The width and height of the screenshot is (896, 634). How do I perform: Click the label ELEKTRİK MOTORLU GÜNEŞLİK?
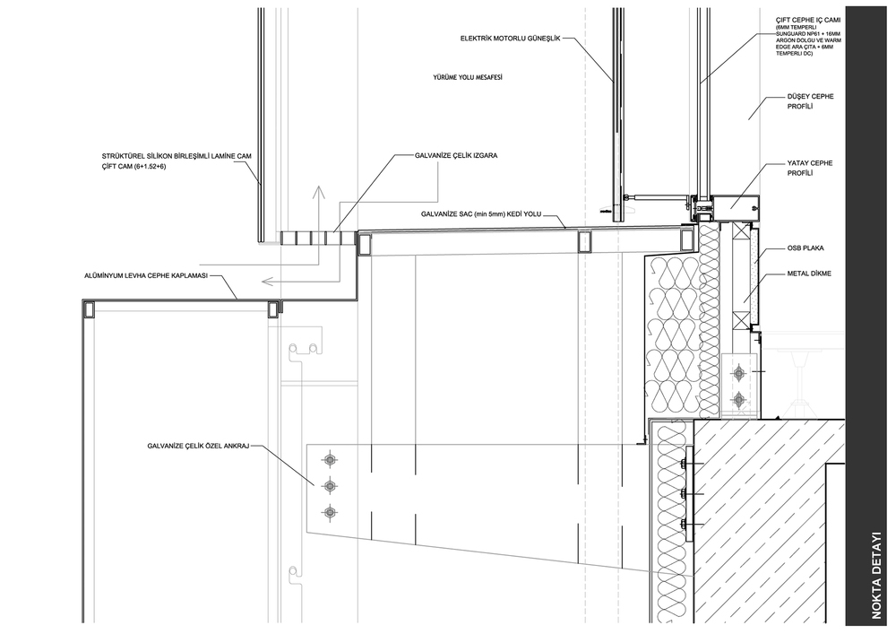511,39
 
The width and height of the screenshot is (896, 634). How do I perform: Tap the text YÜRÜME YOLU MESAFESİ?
468,77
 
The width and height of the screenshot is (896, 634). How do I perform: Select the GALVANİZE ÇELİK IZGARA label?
456,155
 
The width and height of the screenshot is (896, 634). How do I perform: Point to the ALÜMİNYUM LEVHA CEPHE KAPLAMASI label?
145,276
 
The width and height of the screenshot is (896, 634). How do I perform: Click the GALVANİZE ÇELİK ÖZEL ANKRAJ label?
198,446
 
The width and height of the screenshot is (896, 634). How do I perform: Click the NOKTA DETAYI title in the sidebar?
876,575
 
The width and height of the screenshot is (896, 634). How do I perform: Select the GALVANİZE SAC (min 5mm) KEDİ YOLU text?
481,214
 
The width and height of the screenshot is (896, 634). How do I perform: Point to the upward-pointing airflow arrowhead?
319,192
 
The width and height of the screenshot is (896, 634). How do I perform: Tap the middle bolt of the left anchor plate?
329,486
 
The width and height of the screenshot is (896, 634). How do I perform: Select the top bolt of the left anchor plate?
329,459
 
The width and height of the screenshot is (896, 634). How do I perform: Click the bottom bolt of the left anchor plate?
329,512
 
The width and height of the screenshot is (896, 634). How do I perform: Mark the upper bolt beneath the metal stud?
739,374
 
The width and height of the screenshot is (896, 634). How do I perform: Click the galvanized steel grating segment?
318,239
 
